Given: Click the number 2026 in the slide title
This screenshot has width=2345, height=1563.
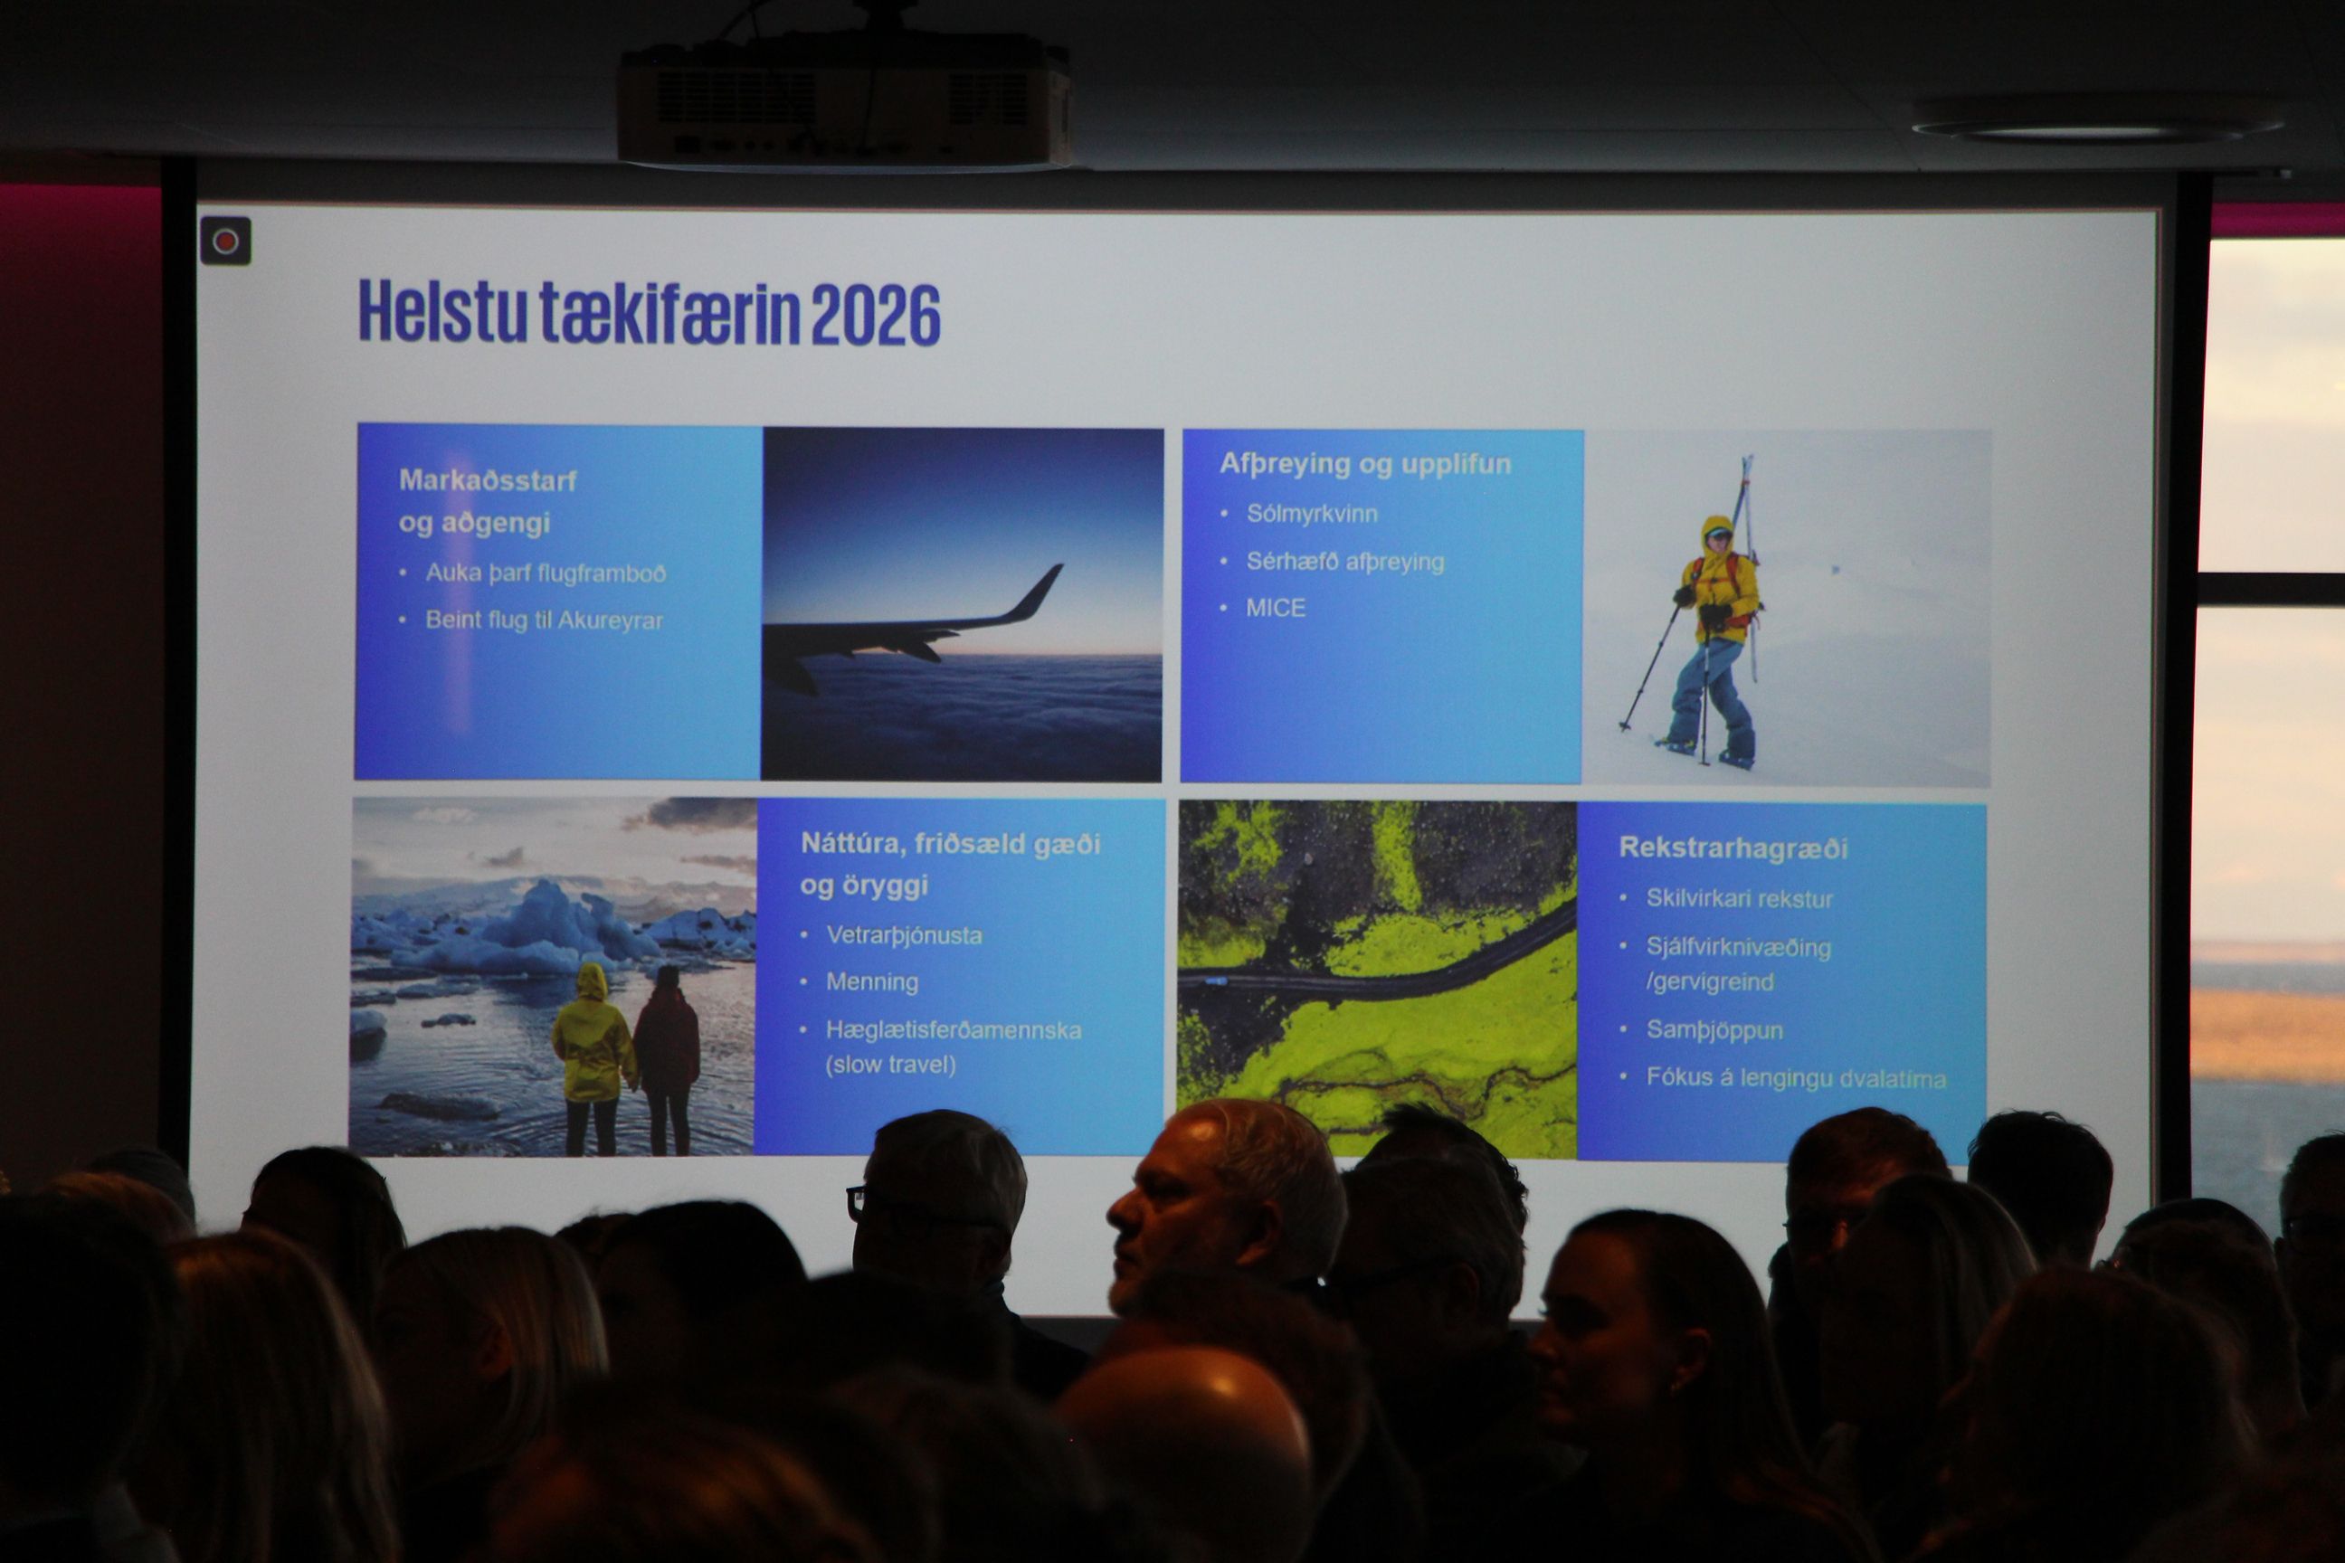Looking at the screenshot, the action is tap(876, 314).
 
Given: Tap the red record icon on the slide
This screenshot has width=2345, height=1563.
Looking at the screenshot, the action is tap(225, 242).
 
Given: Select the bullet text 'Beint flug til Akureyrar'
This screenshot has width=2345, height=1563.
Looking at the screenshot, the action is tap(545, 620).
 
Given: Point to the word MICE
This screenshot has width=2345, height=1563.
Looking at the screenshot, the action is tap(1276, 608).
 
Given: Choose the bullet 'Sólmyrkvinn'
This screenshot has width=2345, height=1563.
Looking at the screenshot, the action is tap(1312, 515).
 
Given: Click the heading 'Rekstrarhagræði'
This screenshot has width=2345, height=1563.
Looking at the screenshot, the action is tap(1733, 848).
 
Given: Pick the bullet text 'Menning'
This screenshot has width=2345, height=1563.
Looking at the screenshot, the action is tap(872, 982).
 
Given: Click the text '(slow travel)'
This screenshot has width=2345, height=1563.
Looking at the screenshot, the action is tap(890, 1065).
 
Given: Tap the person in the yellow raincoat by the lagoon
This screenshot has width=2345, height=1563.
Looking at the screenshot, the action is tap(593, 1056).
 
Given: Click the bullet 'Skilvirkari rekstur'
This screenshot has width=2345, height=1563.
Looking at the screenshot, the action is tap(1740, 899).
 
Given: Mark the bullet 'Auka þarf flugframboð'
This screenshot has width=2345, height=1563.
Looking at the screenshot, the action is tap(546, 573).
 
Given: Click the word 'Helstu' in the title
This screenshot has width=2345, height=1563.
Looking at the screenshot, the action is tap(441, 312).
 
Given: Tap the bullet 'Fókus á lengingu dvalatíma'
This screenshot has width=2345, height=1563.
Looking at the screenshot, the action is tap(1796, 1078).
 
